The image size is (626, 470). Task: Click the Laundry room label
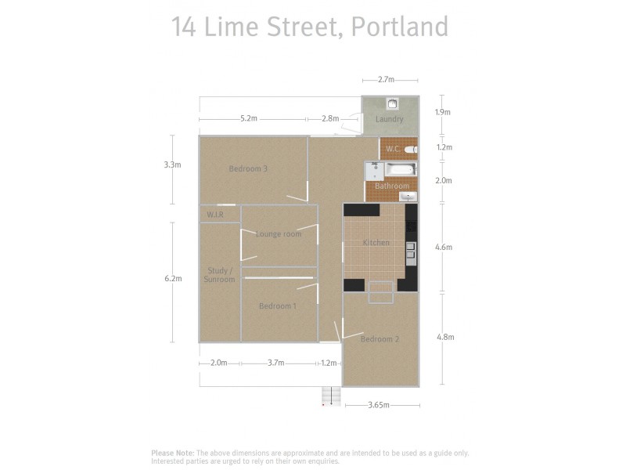389,119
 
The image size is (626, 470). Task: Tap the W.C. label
393,149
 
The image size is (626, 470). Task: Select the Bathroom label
391,186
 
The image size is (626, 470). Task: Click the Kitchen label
376,243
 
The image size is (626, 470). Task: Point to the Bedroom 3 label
249,168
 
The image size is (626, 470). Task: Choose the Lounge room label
279,234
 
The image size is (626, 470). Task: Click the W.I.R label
216,215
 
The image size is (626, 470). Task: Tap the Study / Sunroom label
219,275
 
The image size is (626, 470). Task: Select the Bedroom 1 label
278,306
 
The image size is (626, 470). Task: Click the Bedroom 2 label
380,339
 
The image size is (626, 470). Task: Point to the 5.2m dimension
249,119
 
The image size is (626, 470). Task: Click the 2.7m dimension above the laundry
386,80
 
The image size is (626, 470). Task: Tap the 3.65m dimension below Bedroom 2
378,406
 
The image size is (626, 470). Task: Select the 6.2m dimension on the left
173,279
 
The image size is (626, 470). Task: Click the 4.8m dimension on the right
444,337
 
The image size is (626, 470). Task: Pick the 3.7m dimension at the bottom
275,363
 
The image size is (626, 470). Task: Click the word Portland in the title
399,27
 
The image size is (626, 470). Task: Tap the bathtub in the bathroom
401,170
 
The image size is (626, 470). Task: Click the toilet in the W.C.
412,149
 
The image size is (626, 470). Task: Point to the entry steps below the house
332,396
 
